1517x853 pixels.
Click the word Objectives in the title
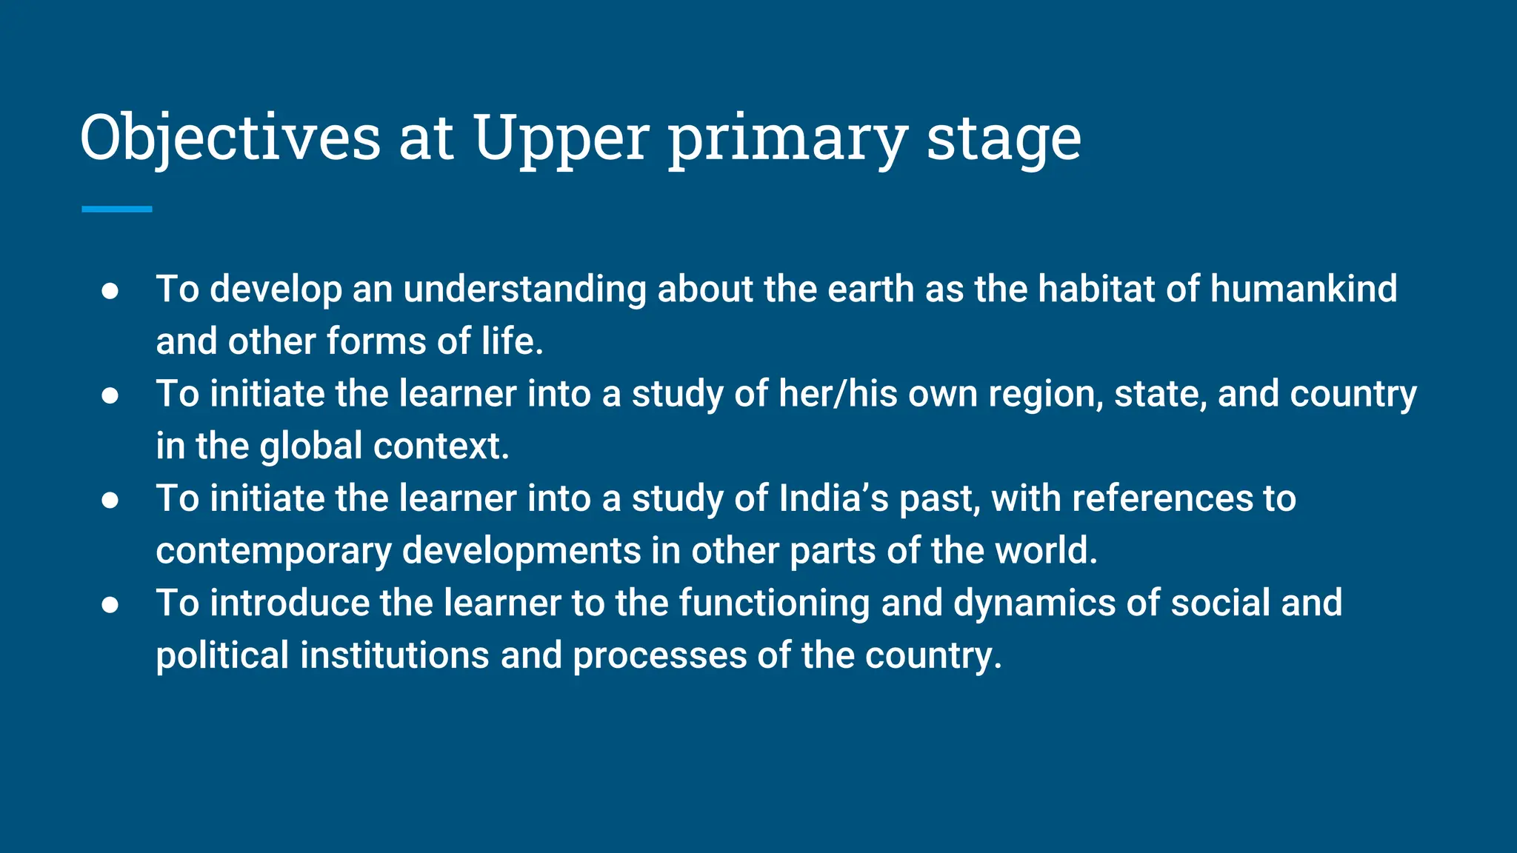pyautogui.click(x=230, y=138)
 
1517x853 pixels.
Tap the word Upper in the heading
pyautogui.click(x=561, y=138)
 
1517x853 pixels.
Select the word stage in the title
pyautogui.click(x=1003, y=138)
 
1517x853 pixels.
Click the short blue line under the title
pyautogui.click(x=117, y=210)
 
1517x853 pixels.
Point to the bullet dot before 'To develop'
pyautogui.click(x=110, y=290)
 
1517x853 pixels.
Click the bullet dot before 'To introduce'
pyautogui.click(x=110, y=604)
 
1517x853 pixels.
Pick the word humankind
pyautogui.click(x=1303, y=289)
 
